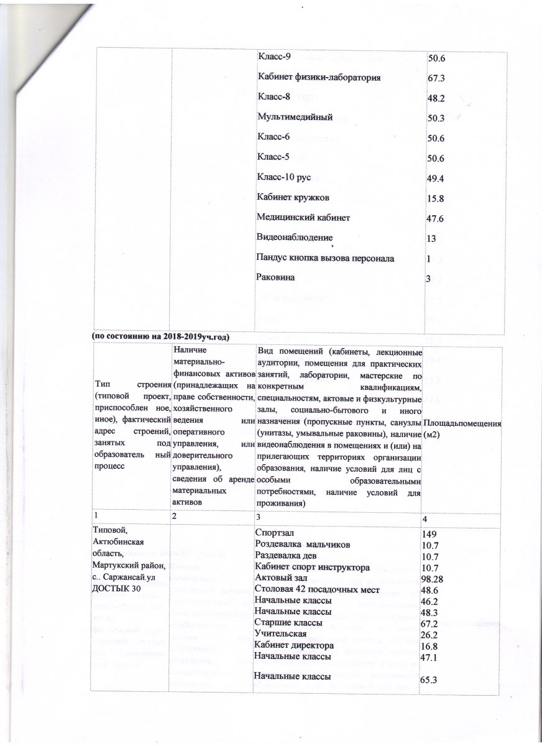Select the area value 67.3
pos(436,79)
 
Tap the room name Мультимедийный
pos(296,117)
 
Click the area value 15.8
pos(436,199)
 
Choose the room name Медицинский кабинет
pos(303,218)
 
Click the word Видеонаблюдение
pos(295,237)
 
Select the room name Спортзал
pos(275,533)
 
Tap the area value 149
pos(430,534)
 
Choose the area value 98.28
pos(433,579)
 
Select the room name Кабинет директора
pos(292,645)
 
